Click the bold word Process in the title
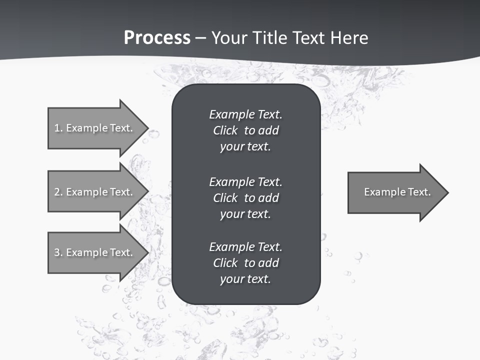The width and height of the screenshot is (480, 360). pos(157,38)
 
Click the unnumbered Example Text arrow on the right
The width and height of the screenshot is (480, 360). pos(397,192)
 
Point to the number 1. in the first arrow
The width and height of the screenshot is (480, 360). pos(58,128)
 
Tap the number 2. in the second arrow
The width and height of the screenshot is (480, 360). pos(58,192)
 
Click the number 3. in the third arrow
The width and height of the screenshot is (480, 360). pos(58,252)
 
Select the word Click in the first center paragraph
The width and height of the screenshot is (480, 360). pos(225,130)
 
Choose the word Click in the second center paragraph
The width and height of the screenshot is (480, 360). pos(225,198)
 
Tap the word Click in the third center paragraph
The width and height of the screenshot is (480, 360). pos(225,263)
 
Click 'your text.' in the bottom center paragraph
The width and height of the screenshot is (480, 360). pos(245,279)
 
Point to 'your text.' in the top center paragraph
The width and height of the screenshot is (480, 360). pos(245,147)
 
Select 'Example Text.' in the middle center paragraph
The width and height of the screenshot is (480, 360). pos(245,181)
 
